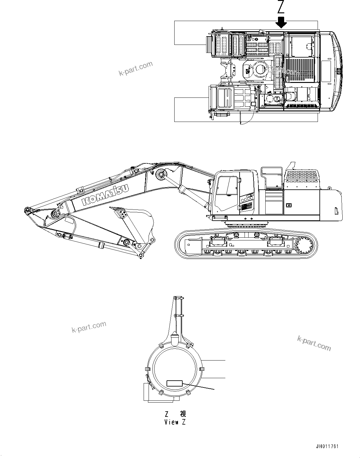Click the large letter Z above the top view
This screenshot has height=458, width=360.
pos(281,7)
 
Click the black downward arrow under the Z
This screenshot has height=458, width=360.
pos(281,22)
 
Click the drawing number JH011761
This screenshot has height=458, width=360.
pos(327,447)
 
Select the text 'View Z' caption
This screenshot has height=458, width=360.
pos(175,422)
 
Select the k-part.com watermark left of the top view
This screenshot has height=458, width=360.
pos(136,69)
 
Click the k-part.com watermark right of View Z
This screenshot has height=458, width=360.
pos(314,343)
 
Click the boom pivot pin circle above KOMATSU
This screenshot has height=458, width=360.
pos(161,175)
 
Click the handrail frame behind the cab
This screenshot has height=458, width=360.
pos(271,177)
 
